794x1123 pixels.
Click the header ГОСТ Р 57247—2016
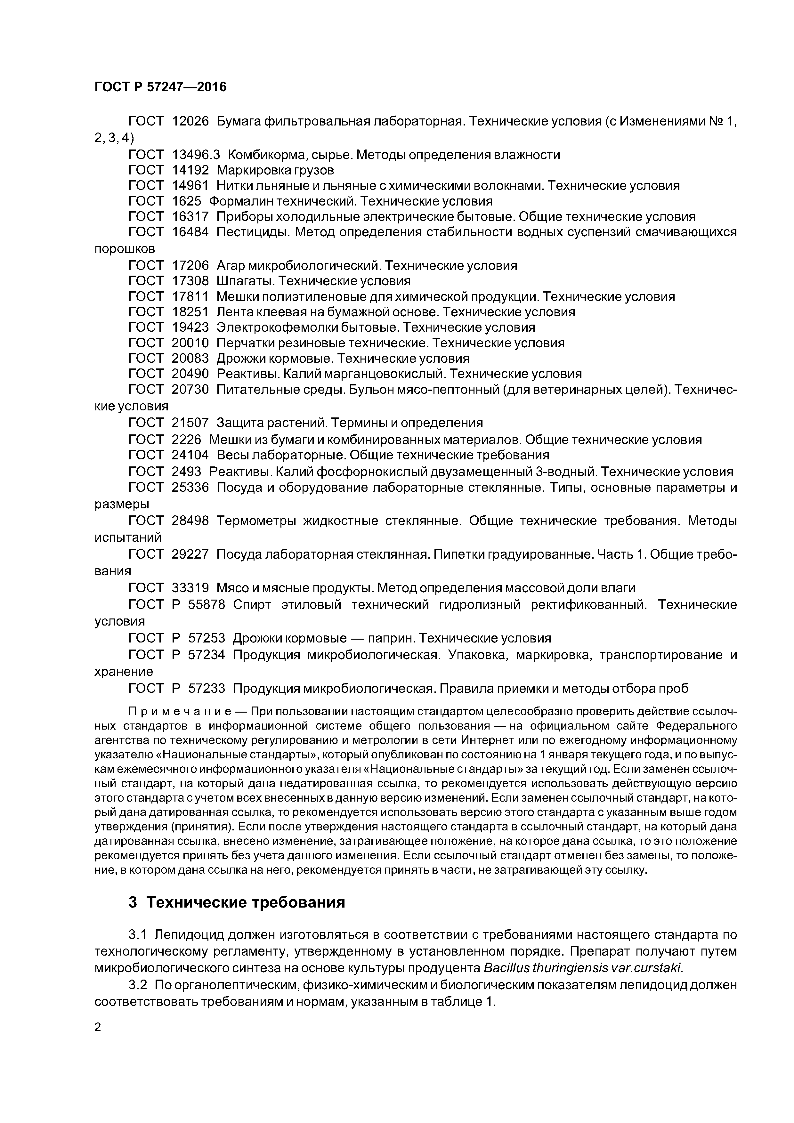[160, 87]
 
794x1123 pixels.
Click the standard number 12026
[190, 121]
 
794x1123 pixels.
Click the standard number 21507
[190, 422]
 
